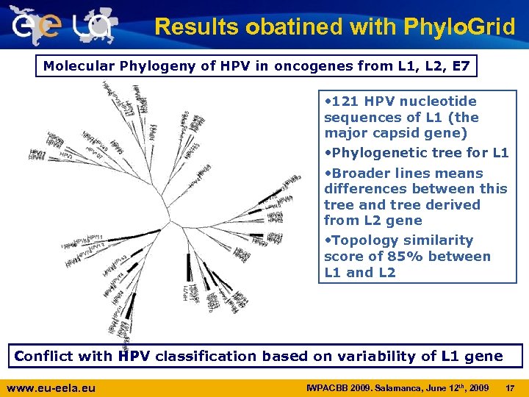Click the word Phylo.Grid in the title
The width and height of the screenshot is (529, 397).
point(459,27)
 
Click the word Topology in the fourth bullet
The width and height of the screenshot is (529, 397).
point(360,240)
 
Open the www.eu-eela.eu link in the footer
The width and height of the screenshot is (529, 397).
point(51,387)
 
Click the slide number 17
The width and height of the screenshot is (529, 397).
point(511,387)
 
